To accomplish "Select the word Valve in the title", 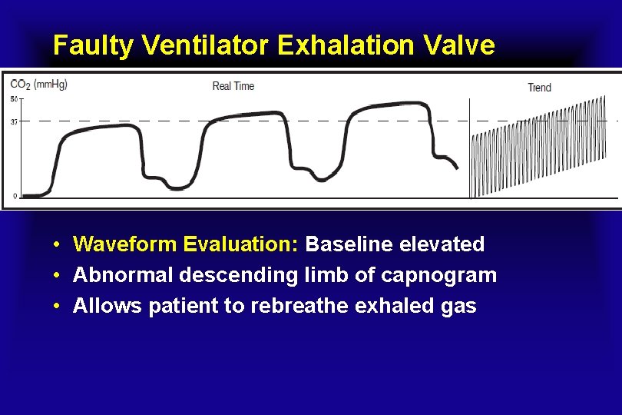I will pyautogui.click(x=458, y=46).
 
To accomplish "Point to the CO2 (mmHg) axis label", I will pyautogui.click(x=38, y=84).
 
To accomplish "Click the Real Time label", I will pyautogui.click(x=233, y=86).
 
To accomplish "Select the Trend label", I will pyautogui.click(x=539, y=88).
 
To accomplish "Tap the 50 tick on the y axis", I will pyautogui.click(x=14, y=99).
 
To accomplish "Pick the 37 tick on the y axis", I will pyautogui.click(x=14, y=121).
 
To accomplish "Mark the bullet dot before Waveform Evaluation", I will pyautogui.click(x=58, y=245).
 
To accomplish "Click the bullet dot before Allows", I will pyautogui.click(x=58, y=307).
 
